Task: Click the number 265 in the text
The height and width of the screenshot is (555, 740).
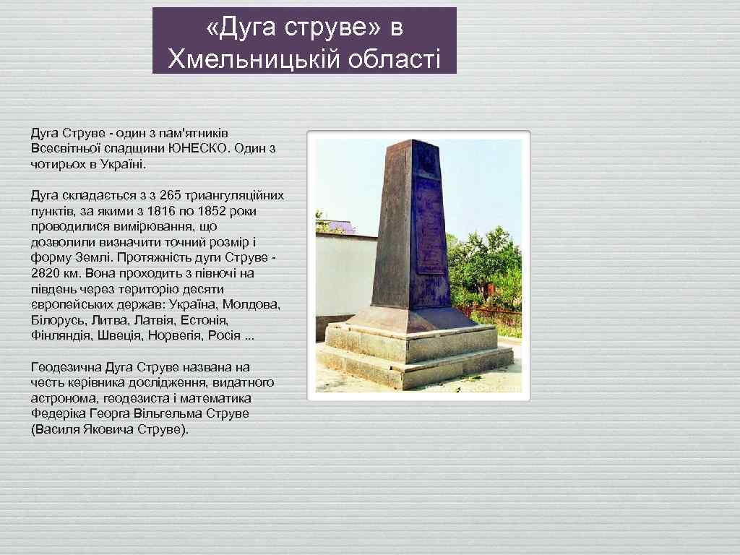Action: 171,196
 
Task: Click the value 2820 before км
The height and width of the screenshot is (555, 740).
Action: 47,273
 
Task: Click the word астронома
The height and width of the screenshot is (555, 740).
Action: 64,398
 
